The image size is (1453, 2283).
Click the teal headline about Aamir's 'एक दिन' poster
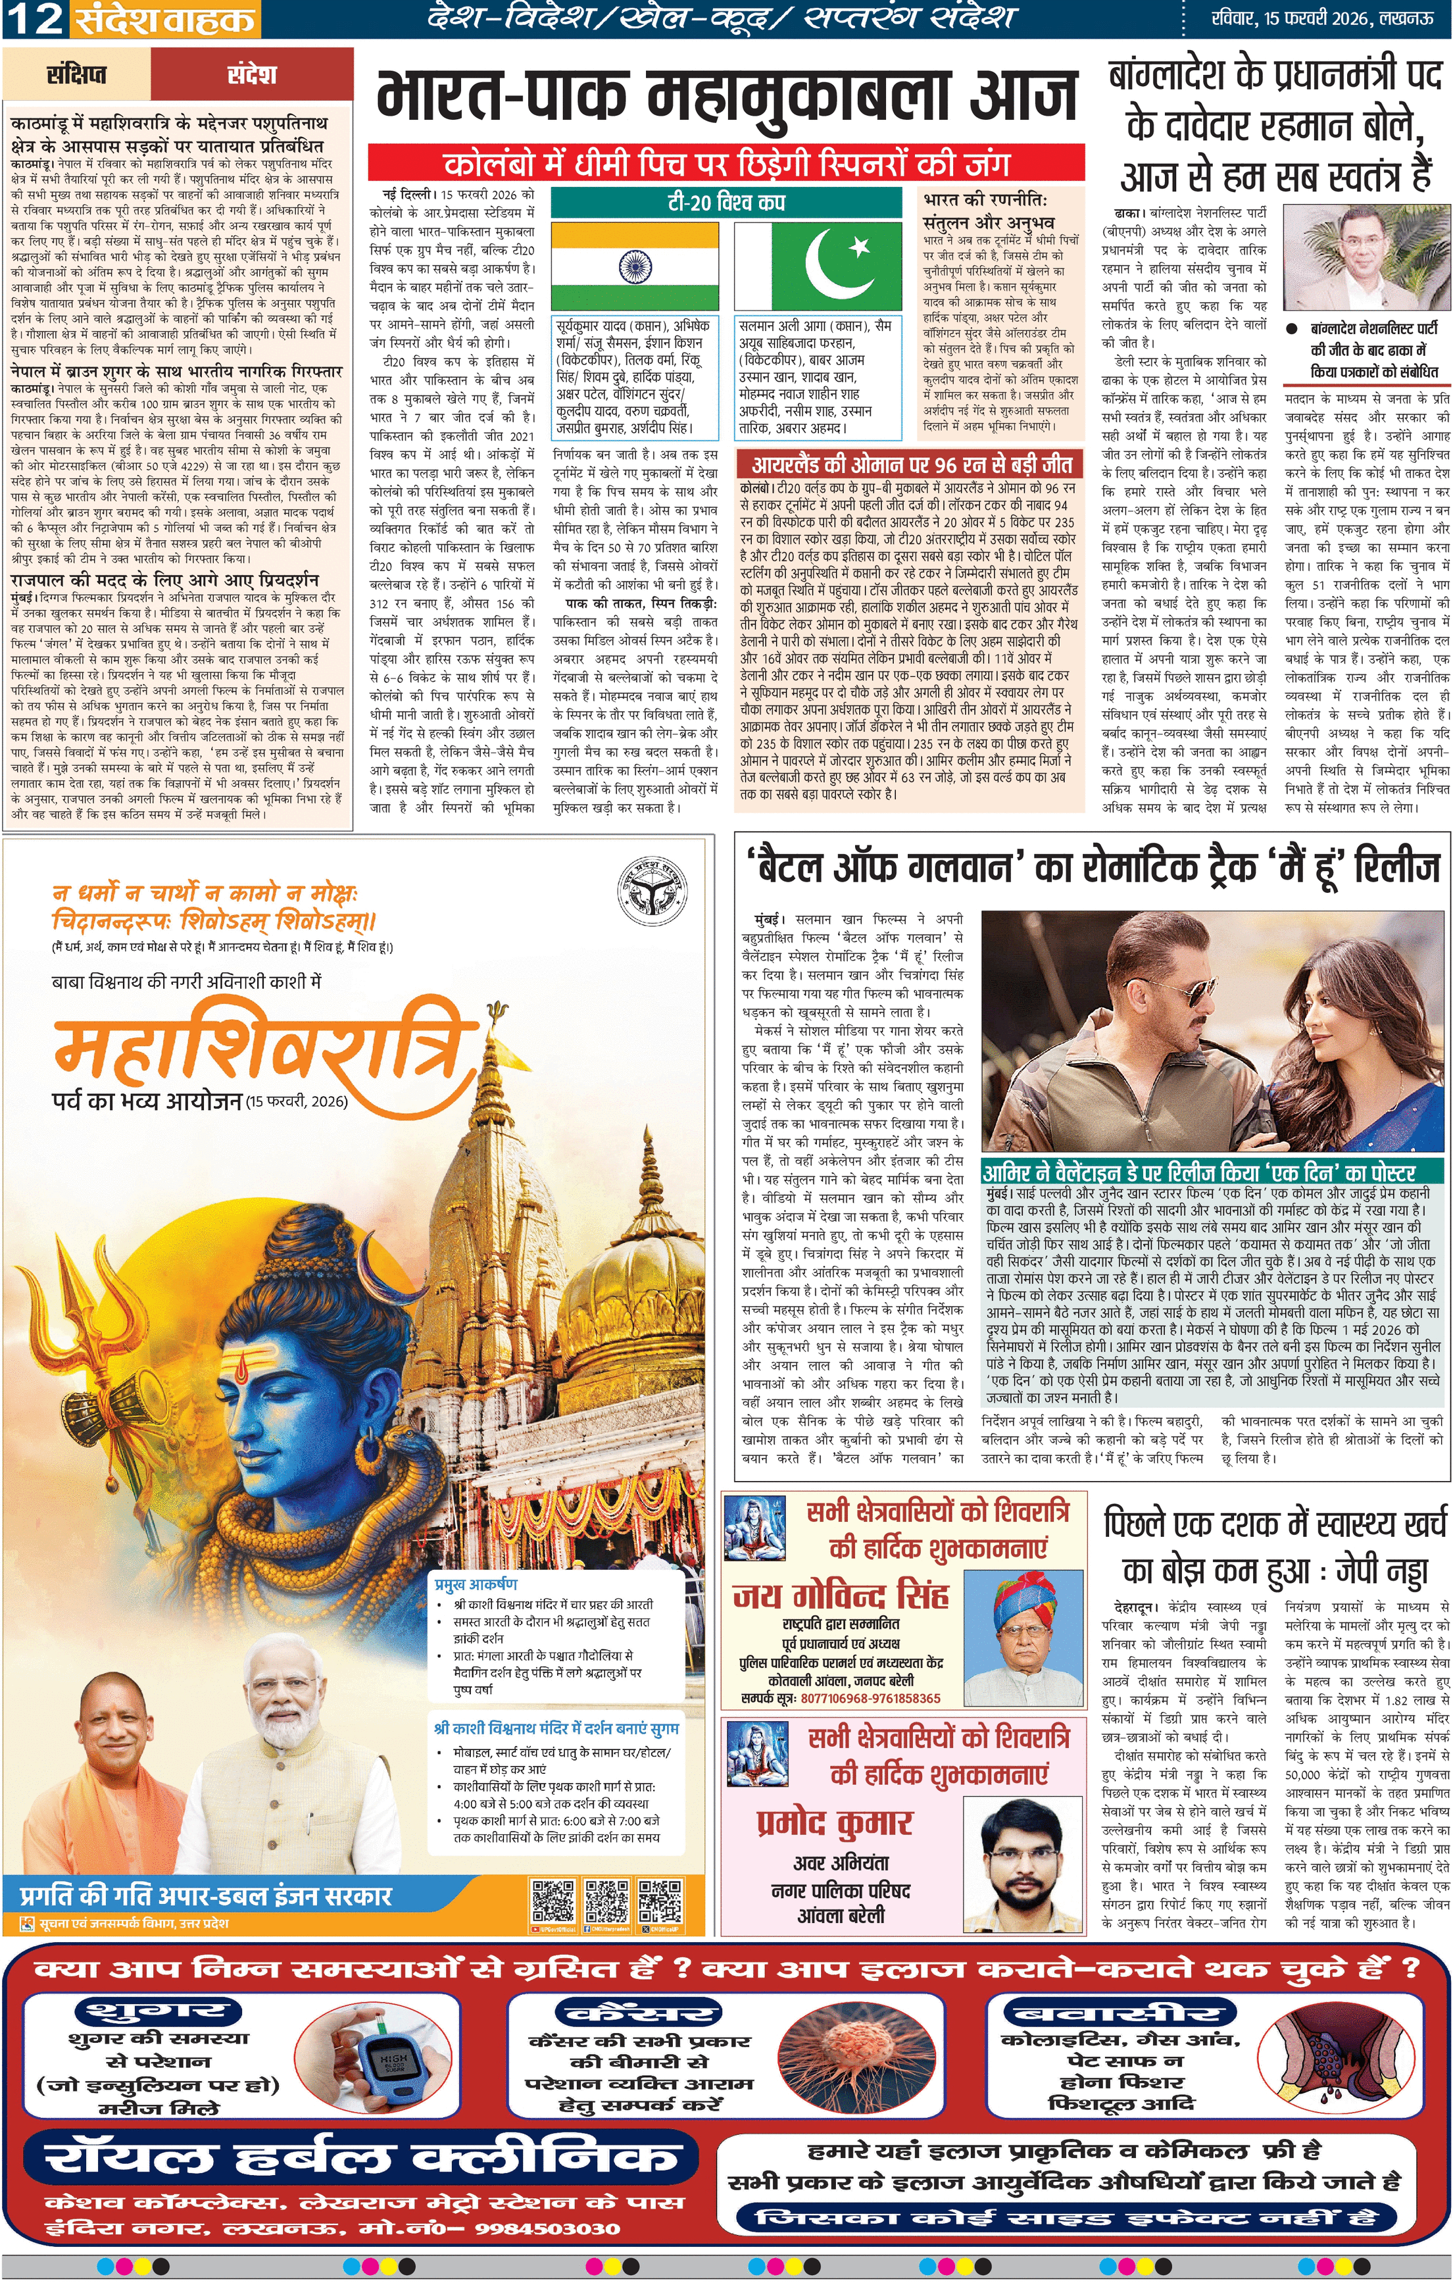[x=1198, y=1173]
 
